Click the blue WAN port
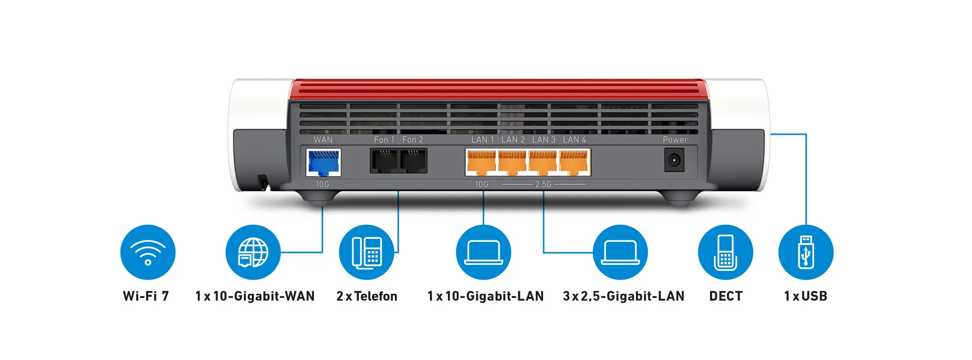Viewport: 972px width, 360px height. click(323, 163)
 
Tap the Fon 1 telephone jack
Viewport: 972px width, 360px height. click(385, 161)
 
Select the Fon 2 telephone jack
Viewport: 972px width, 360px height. click(413, 161)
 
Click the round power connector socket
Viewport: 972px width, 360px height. click(674, 161)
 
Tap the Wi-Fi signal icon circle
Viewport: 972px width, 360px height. click(148, 252)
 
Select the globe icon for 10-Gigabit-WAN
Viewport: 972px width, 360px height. click(253, 252)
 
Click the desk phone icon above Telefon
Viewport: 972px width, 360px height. click(367, 252)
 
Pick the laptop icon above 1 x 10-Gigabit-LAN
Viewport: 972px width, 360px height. click(483, 252)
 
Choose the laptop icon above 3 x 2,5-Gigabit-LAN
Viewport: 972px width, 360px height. click(620, 252)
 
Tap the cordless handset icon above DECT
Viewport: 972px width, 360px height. click(725, 252)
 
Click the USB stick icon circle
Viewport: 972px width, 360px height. click(806, 252)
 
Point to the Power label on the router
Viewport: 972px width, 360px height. click(675, 140)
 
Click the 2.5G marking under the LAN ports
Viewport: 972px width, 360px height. click(543, 184)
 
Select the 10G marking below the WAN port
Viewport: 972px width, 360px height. click(322, 184)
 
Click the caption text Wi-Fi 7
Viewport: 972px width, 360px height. click(146, 296)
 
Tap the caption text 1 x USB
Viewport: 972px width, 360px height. click(805, 296)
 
